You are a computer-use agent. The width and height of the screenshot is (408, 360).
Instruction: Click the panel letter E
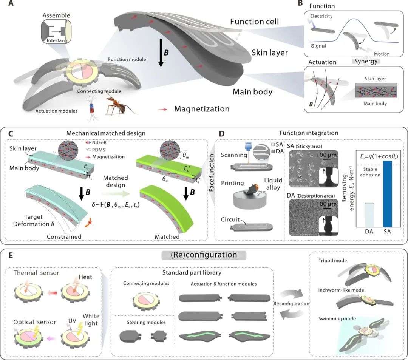[x=11, y=256]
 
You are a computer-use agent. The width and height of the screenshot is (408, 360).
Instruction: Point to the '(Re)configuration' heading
[x=204, y=255]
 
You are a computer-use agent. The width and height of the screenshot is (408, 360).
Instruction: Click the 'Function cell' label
[x=254, y=22]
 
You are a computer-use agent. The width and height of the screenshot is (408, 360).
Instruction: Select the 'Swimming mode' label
[x=332, y=319]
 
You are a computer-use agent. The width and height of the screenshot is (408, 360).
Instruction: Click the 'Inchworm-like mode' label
[x=337, y=290]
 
